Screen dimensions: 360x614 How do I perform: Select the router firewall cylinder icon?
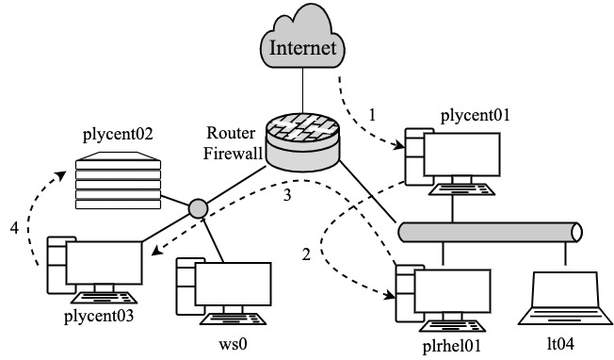click(304, 142)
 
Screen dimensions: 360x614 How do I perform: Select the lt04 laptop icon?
click(566, 296)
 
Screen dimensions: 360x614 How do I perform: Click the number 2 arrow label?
click(305, 255)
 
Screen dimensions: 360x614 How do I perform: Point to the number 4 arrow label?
click(14, 227)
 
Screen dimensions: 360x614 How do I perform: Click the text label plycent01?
click(475, 116)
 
